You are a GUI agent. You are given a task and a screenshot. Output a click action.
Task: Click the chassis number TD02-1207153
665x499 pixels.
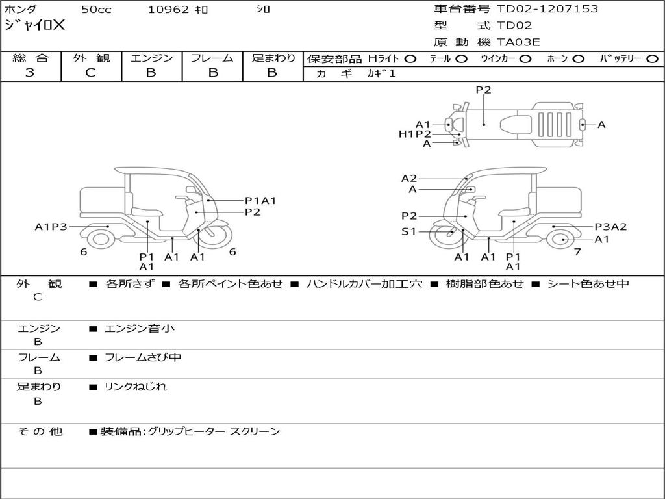pos(547,9)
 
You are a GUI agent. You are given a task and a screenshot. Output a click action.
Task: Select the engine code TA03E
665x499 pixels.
pos(518,42)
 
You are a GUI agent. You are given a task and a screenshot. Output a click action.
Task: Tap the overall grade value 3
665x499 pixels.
pos(30,73)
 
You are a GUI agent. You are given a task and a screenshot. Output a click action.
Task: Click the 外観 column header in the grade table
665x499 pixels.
pos(91,58)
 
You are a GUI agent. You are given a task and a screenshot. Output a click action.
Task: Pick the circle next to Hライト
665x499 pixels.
pos(410,59)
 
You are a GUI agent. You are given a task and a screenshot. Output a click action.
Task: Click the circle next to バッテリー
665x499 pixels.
pos(652,59)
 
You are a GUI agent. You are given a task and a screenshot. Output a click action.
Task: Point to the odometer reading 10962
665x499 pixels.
pos(168,10)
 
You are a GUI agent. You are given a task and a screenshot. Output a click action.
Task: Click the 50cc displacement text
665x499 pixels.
pos(96,10)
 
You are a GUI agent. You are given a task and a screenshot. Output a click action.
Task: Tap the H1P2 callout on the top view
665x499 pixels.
pos(415,134)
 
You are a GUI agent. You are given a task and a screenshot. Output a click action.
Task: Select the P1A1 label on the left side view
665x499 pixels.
pos(260,200)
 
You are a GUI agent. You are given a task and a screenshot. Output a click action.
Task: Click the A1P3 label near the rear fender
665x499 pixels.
pos(51,227)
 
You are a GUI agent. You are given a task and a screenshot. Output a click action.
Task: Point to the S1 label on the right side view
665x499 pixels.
pos(409,232)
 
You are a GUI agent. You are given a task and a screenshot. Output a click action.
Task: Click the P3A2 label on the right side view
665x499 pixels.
pos(610,227)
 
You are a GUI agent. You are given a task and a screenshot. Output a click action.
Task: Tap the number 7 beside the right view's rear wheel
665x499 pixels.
pos(577,251)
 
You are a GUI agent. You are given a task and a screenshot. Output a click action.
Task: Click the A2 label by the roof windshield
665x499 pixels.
pos(409,178)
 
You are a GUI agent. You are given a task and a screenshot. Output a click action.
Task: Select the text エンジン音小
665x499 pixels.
pos(140,328)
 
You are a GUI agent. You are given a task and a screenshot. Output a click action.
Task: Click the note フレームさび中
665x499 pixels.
pos(143,357)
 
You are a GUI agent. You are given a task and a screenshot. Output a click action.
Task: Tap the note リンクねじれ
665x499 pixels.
pos(136,387)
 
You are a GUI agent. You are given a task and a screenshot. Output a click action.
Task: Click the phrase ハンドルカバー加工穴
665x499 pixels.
pos(364,283)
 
